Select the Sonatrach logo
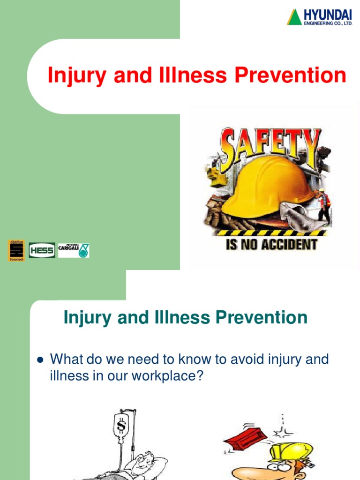(16, 250)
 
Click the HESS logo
(42, 250)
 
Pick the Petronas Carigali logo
(74, 250)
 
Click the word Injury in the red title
(76, 76)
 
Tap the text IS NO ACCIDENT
(271, 244)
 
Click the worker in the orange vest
(323, 204)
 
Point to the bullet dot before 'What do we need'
(40, 360)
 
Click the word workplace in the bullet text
(167, 376)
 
